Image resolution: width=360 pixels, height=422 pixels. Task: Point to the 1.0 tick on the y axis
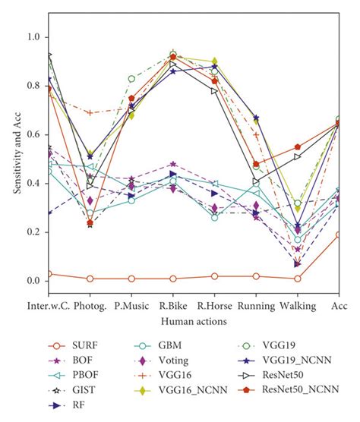pyautogui.click(x=33, y=36)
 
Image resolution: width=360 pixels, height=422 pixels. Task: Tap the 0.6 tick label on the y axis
pyautogui.click(x=33, y=134)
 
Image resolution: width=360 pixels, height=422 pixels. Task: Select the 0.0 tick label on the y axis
pyautogui.click(x=33, y=281)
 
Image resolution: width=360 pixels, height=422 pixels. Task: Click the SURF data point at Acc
pyautogui.click(x=339, y=235)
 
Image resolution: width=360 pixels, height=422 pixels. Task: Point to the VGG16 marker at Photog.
pyautogui.click(x=90, y=112)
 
